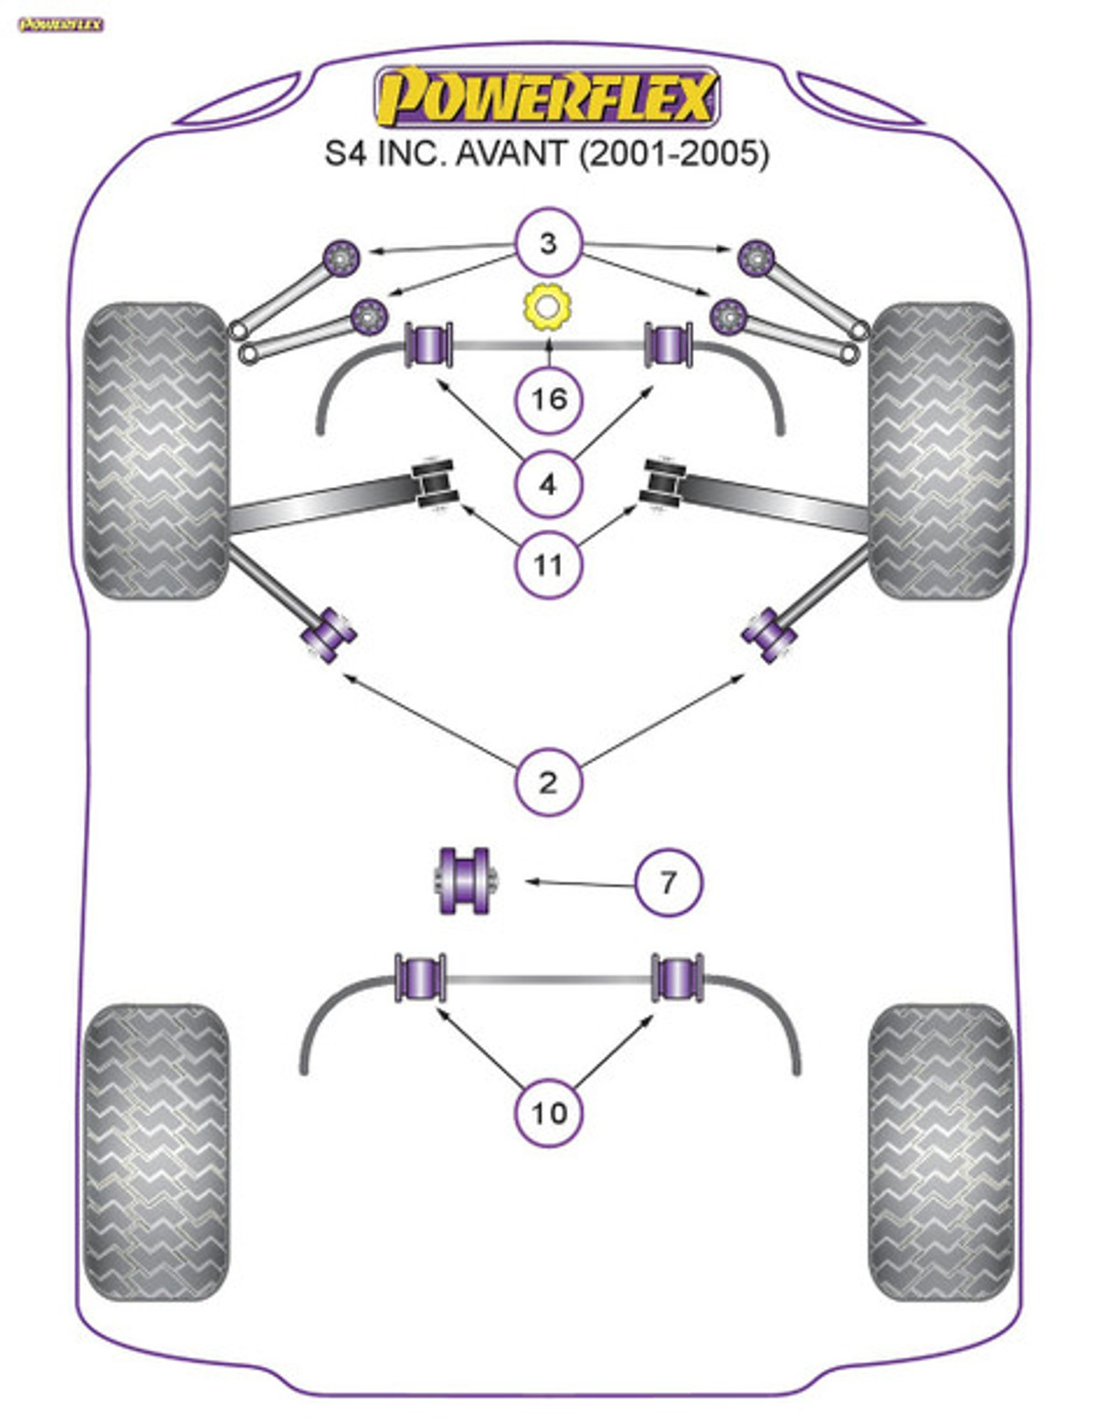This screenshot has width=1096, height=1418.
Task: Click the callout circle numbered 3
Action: pyautogui.click(x=548, y=243)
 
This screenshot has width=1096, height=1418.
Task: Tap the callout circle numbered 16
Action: pyautogui.click(x=548, y=398)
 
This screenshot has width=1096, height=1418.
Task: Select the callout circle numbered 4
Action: pyautogui.click(x=548, y=485)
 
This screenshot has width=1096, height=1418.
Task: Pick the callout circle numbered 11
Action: pyautogui.click(x=548, y=565)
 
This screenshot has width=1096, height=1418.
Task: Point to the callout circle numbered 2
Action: pyautogui.click(x=548, y=781)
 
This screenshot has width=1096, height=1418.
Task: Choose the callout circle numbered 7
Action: pyautogui.click(x=669, y=883)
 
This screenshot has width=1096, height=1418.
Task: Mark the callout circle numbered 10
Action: pyautogui.click(x=548, y=1113)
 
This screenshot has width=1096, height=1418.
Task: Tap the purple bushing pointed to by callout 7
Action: pyautogui.click(x=466, y=881)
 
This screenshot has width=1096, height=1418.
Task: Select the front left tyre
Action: pyautogui.click(x=156, y=450)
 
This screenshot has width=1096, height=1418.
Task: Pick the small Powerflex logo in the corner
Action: pyautogui.click(x=60, y=25)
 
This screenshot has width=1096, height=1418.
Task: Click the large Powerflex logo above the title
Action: pyautogui.click(x=546, y=97)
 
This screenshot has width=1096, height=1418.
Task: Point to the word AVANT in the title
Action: pyautogui.click(x=511, y=154)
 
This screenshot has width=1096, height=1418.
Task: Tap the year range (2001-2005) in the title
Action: pyautogui.click(x=674, y=154)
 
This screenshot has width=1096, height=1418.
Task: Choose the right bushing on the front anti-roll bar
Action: pyautogui.click(x=669, y=344)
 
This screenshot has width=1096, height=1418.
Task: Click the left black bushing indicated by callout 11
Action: pyautogui.click(x=434, y=484)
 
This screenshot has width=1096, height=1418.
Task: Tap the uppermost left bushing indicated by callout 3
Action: pyautogui.click(x=342, y=258)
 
